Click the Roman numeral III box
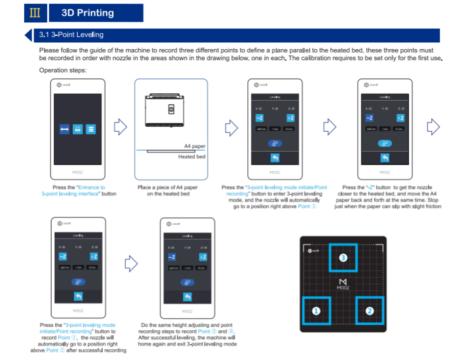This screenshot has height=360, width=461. pyautogui.click(x=35, y=13)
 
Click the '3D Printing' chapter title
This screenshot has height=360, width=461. pyautogui.click(x=88, y=13)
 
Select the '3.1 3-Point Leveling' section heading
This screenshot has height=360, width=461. pyautogui.click(x=71, y=35)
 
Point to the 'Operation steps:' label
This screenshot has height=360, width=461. pyautogui.click(x=63, y=70)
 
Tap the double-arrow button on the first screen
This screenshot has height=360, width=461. pyautogui.click(x=64, y=129)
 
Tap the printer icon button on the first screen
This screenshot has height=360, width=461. pyautogui.click(x=77, y=129)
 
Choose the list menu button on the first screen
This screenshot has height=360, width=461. pyautogui.click(x=90, y=129)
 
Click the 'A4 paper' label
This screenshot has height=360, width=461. pyautogui.click(x=194, y=146)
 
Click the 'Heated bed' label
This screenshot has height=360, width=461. pyautogui.click(x=191, y=157)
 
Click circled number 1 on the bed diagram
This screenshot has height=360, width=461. pyautogui.click(x=315, y=311)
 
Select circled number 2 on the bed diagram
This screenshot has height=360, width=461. pyautogui.click(x=369, y=311)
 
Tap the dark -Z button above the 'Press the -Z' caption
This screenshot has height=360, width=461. pyautogui.click(x=369, y=118)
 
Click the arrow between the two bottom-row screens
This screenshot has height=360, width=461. pyautogui.click(x=129, y=263)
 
